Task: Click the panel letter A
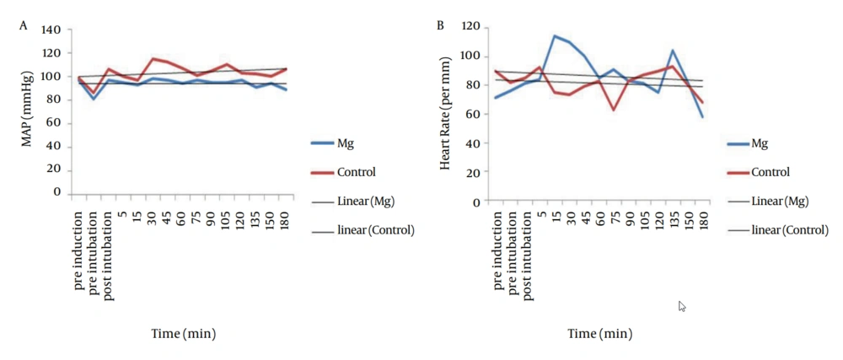coord(24,26)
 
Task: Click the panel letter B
coord(440,26)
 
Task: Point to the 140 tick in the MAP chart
coord(52,30)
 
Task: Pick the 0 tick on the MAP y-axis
coord(58,192)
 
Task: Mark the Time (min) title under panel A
coord(183,333)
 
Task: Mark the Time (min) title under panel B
coord(599,334)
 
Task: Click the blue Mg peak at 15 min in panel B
coord(554,35)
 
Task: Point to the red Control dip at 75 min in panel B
coord(614,110)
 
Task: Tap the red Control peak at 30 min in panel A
coord(153,58)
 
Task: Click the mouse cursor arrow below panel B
coord(682,306)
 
